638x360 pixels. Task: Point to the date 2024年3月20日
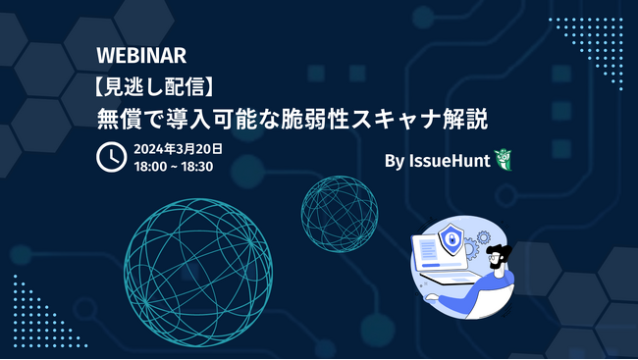[x=179, y=148]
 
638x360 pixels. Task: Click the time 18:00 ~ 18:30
[x=173, y=166]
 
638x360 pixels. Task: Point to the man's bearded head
[x=500, y=262]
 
